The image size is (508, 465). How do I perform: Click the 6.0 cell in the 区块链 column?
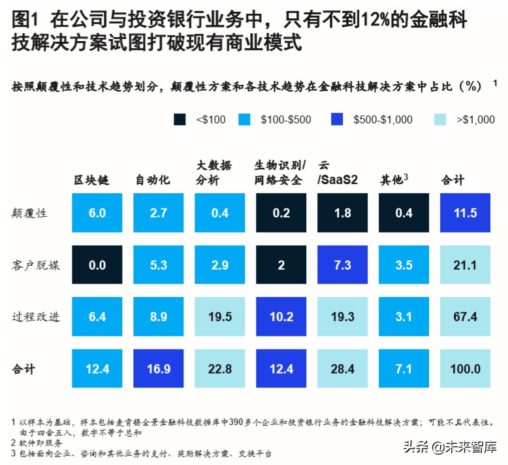click(97, 213)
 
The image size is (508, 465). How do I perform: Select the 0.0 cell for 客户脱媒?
click(97, 265)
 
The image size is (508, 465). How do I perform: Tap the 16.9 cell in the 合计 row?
click(159, 369)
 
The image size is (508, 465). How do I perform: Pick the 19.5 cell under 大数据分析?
click(220, 317)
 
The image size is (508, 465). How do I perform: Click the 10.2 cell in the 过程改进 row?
click(281, 317)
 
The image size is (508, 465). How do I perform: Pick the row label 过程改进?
click(36, 317)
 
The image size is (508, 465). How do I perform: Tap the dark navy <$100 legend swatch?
click(180, 120)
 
